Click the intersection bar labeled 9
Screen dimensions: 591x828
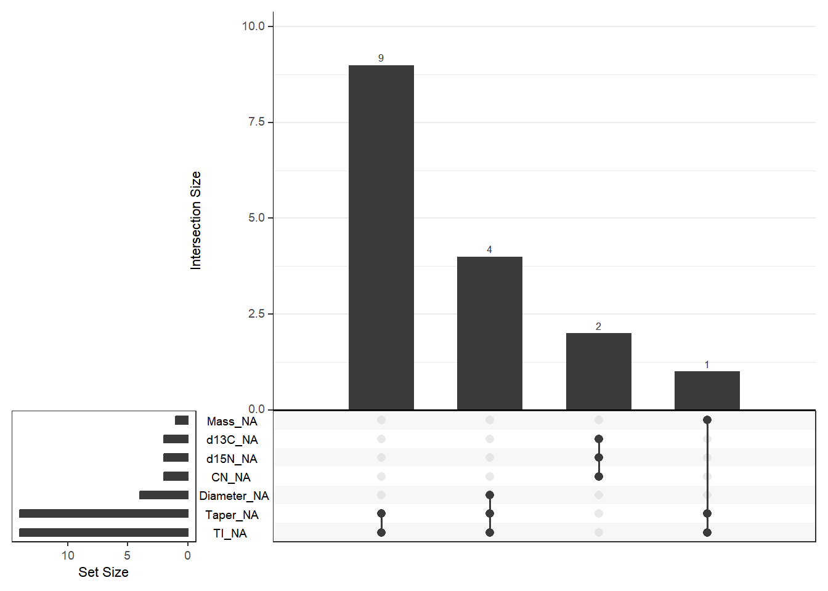coord(381,237)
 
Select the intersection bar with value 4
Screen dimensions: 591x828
coord(489,332)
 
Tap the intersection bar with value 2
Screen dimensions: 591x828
coord(598,371)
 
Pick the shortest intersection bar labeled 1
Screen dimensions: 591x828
coord(707,390)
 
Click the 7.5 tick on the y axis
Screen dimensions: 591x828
coord(256,122)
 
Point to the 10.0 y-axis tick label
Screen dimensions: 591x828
coord(253,26)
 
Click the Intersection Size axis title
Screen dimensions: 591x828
coord(196,220)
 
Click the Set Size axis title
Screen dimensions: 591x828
coord(103,572)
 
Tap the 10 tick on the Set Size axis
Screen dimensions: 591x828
coord(68,555)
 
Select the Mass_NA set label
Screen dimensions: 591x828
coord(232,421)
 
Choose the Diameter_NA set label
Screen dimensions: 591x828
coord(234,496)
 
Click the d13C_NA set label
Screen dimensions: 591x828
coord(232,440)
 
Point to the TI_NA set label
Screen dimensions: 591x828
coord(230,533)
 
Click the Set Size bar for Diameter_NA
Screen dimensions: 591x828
coord(164,495)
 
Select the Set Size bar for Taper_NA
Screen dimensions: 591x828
coord(103,513)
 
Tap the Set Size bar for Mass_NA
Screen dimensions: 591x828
coord(182,420)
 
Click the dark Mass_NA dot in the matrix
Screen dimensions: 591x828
coord(707,420)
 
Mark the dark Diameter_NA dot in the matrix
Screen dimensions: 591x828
coord(490,495)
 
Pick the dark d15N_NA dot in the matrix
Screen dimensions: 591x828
coord(599,457)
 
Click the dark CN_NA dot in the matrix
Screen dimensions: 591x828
coord(599,476)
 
